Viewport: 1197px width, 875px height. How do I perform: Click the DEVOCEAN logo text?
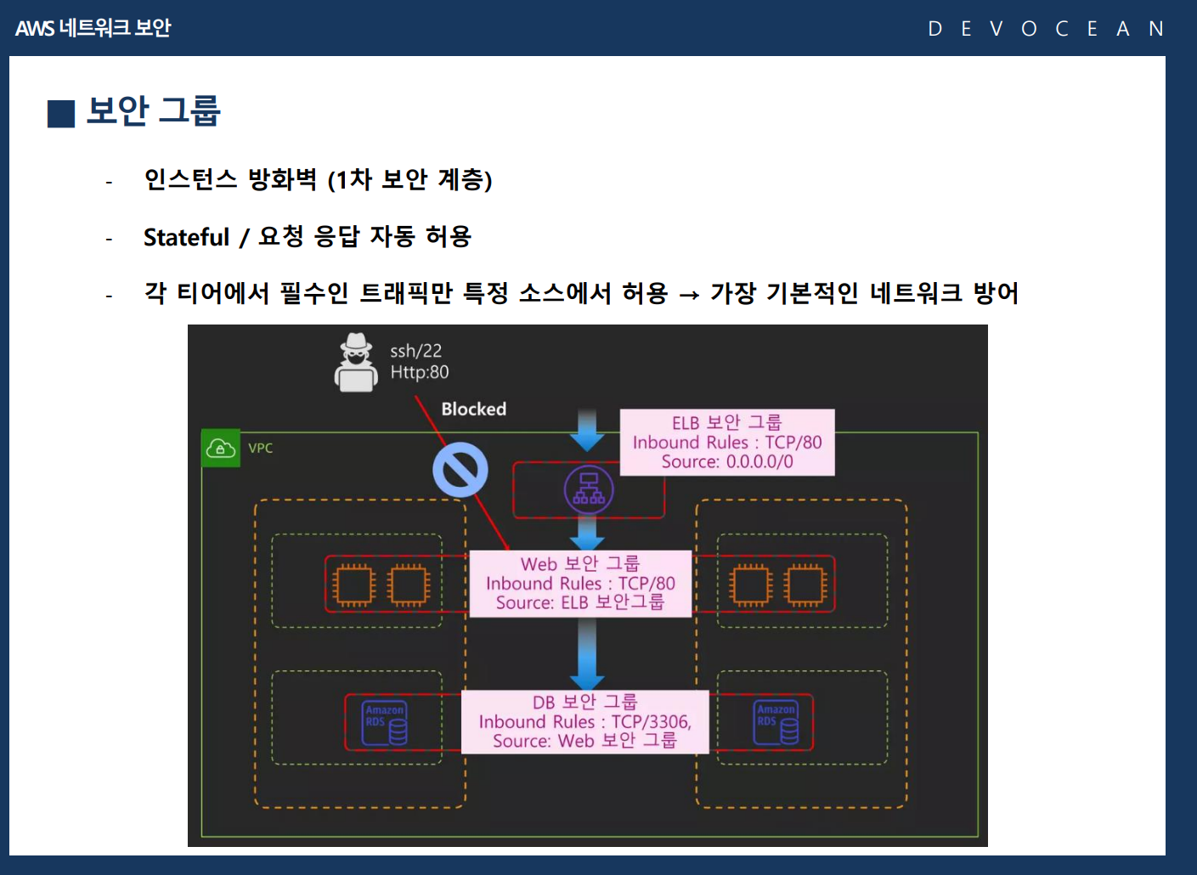[1046, 29]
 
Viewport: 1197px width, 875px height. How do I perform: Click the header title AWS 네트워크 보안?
[93, 28]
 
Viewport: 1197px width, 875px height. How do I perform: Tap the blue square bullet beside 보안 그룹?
[61, 114]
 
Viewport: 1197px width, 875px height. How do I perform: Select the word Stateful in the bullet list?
[187, 237]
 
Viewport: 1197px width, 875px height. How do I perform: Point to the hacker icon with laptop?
[356, 363]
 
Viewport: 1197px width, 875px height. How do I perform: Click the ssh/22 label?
[415, 351]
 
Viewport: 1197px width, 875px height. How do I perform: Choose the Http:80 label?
[420, 372]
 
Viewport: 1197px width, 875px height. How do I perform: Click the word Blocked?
[473, 409]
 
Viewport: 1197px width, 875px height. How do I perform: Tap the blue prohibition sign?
[460, 470]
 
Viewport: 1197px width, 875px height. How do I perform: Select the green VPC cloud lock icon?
[221, 448]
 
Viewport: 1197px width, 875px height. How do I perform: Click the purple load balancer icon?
[589, 489]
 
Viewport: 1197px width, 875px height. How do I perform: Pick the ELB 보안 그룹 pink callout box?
[727, 443]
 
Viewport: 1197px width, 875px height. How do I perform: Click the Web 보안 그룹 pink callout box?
[580, 584]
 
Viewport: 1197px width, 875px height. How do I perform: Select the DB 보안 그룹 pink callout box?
[585, 722]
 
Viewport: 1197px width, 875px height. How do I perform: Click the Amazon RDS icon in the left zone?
[384, 723]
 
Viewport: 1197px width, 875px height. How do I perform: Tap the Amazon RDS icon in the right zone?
[776, 722]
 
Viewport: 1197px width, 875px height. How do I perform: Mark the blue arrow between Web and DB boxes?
[587, 654]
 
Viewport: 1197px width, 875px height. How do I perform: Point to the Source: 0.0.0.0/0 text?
[727, 461]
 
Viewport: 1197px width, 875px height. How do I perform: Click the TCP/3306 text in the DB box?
[652, 722]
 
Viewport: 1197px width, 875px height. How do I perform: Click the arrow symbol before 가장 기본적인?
[689, 295]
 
